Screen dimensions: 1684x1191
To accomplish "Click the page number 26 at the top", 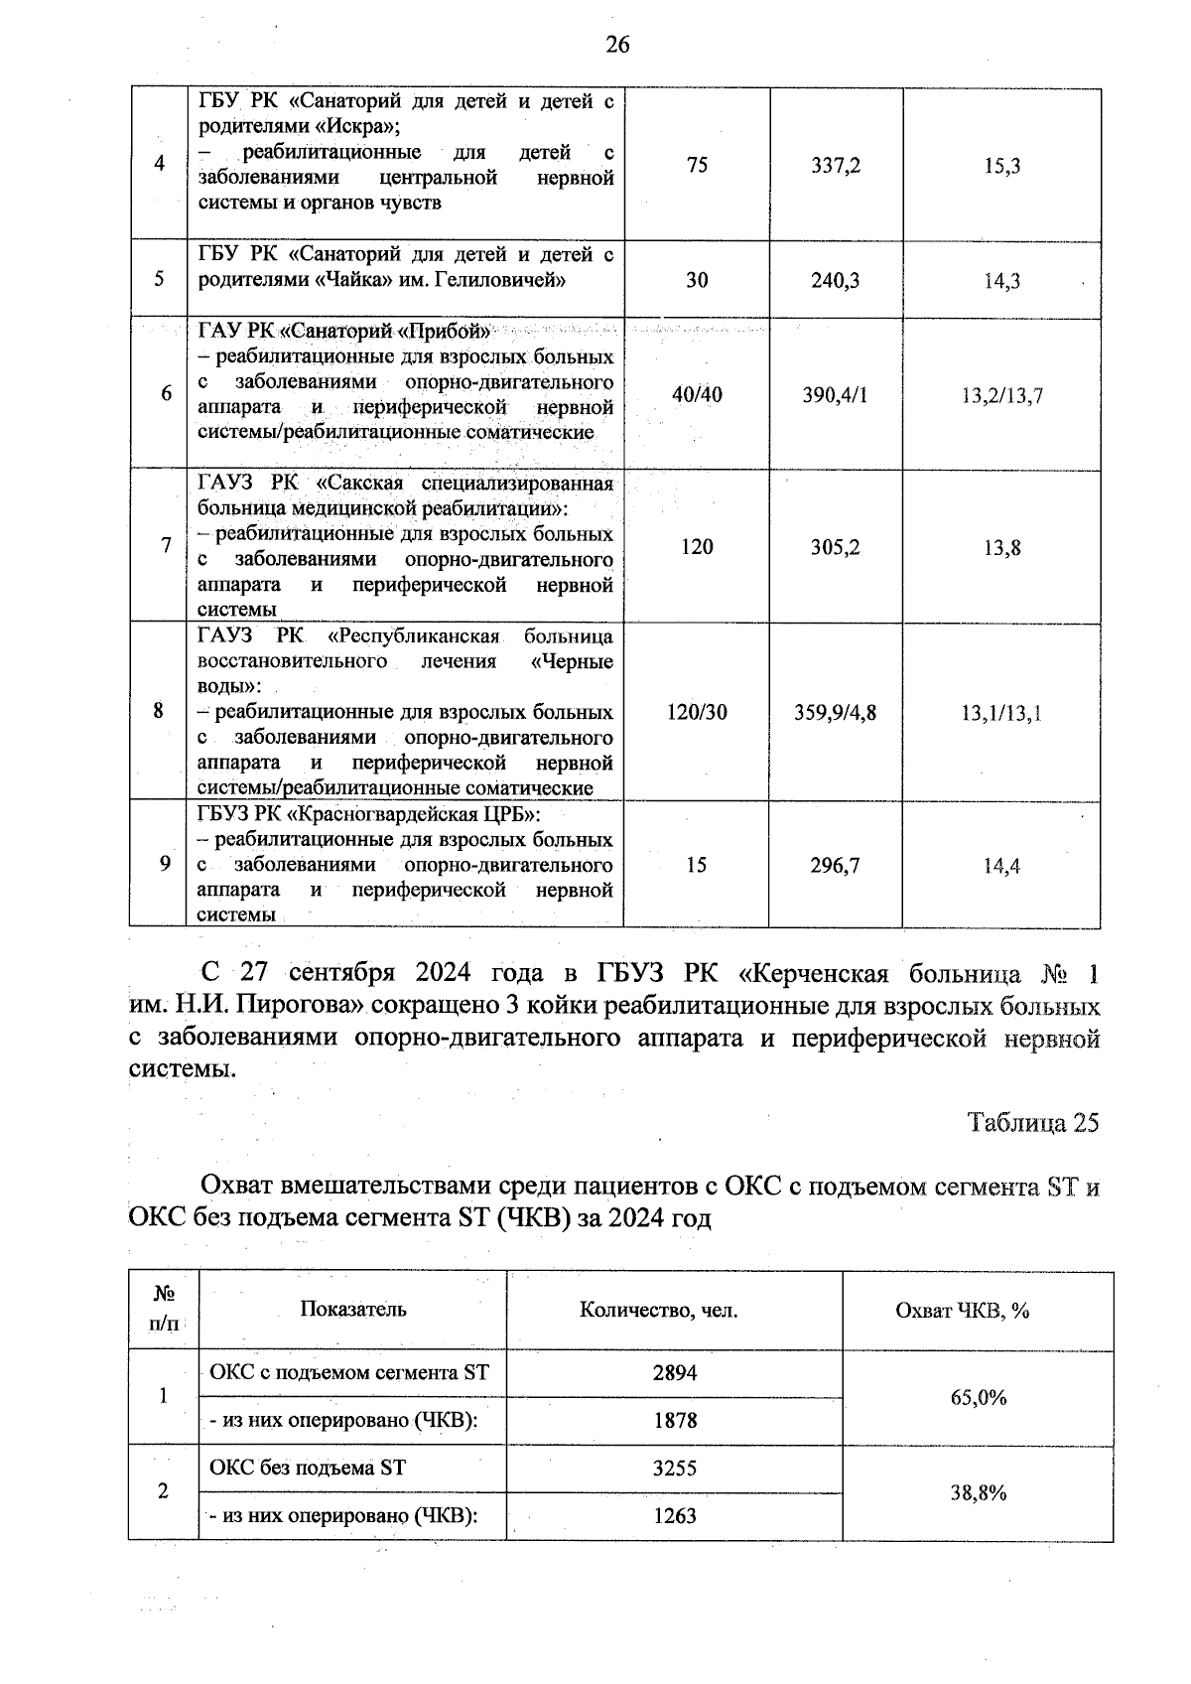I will [616, 45].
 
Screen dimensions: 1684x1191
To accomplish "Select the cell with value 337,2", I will [835, 165].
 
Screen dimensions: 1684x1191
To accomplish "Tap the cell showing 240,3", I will [835, 280].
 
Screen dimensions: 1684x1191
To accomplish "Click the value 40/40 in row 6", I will [697, 395].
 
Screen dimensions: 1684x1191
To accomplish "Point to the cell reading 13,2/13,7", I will [1001, 396].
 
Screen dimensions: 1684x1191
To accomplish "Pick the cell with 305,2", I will [835, 547].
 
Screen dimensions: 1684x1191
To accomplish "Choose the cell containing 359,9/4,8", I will [835, 712].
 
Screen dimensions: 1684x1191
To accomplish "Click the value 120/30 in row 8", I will [697, 712].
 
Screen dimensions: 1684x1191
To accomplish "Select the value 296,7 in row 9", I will [835, 866].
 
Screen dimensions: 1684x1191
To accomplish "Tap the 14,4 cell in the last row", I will [1001, 866].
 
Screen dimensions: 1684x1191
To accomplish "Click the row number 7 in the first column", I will [165, 545].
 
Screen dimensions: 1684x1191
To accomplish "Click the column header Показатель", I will [353, 1309].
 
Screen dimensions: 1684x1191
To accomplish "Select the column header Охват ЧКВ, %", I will [962, 1311].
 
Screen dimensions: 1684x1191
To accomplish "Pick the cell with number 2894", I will [674, 1373].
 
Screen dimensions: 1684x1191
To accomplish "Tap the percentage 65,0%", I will [978, 1397].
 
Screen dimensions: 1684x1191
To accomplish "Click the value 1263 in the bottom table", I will [674, 1516].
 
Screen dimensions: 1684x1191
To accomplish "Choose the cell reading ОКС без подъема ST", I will [308, 1468].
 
